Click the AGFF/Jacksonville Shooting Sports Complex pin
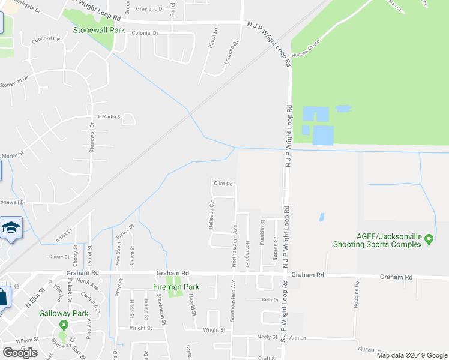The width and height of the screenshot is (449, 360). [429, 239]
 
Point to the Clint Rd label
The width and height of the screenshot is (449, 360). [223, 184]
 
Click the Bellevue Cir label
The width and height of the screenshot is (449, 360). [211, 214]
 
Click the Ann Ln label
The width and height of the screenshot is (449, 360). [298, 338]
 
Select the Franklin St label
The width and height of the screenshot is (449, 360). [262, 232]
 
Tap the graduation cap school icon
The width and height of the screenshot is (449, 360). [11, 228]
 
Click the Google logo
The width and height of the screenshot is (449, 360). [20, 353]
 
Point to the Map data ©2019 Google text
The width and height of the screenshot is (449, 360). [411, 355]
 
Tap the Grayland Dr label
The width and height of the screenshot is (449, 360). [150, 9]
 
